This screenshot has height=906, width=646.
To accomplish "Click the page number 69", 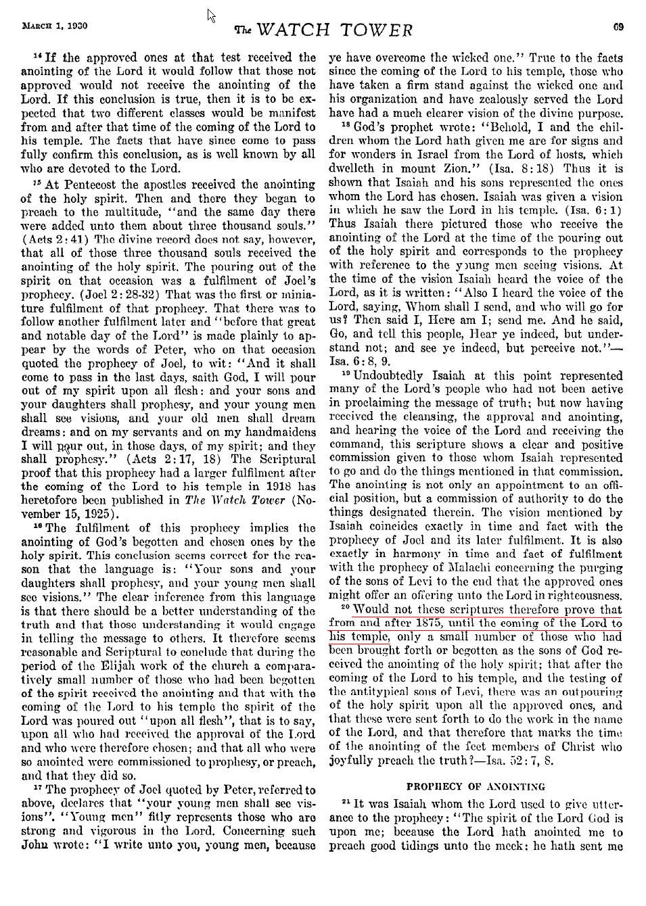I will pos(618,27).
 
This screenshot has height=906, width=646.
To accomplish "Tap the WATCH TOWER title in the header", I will pos(323,30).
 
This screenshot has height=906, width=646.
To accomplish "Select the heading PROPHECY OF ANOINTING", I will pos(476,786).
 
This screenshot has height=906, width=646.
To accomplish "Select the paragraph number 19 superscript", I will pos(345,375).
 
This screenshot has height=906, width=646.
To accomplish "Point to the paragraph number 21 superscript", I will pos(345,803).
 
